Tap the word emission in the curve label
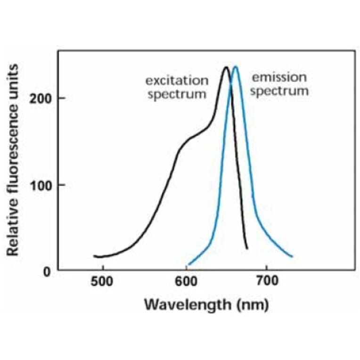tap(279, 77)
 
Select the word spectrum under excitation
tap(177, 93)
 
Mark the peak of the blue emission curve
tap(235, 66)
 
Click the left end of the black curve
tap(94, 256)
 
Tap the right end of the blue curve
tap(292, 256)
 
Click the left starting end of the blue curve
tap(188, 265)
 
